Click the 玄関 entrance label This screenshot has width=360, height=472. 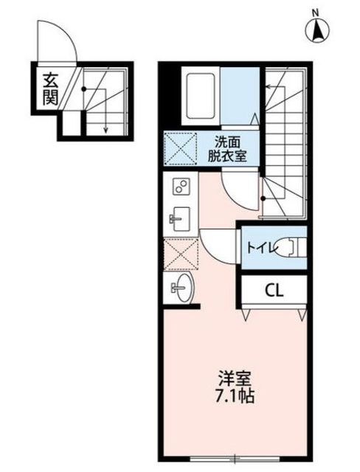(50, 88)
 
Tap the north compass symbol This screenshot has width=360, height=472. (317, 29)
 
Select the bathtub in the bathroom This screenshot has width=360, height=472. (200, 96)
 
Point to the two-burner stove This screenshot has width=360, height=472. (181, 187)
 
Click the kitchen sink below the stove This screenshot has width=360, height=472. (180, 219)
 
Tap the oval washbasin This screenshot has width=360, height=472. (182, 287)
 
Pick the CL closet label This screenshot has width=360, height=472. (274, 291)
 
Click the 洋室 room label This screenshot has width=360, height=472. (235, 378)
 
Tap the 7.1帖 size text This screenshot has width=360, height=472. (235, 396)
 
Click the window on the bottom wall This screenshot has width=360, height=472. (235, 459)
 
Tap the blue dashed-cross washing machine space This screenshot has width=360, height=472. (180, 148)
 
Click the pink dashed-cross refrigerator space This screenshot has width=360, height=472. (181, 254)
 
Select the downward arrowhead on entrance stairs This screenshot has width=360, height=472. (105, 130)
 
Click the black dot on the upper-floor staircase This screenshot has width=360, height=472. (263, 198)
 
